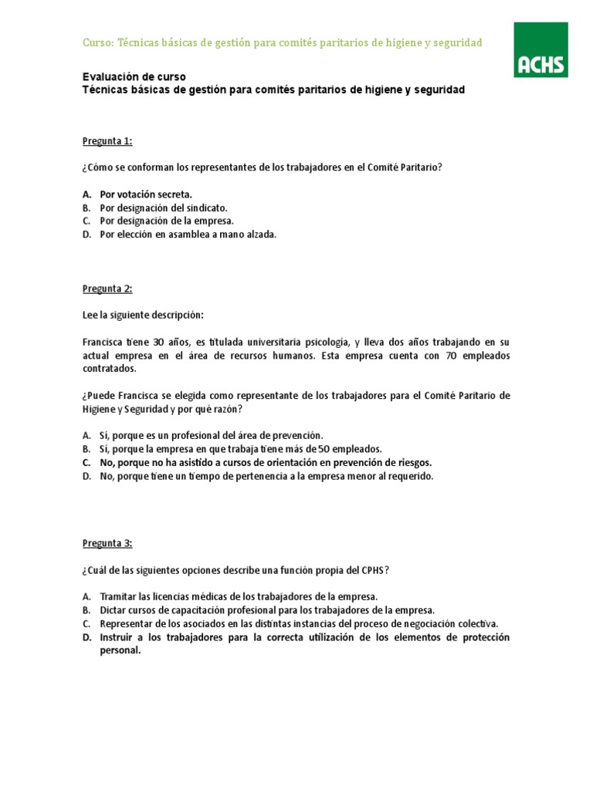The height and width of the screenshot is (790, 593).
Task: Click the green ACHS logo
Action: (x=540, y=49)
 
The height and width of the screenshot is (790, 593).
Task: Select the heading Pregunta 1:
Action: (x=107, y=140)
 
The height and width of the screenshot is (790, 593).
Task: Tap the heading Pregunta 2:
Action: (x=107, y=289)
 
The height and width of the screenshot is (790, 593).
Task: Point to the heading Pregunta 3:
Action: (x=107, y=542)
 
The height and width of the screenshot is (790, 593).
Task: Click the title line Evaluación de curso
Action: (x=134, y=77)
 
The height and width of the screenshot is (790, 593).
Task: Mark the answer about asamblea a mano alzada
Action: (x=188, y=234)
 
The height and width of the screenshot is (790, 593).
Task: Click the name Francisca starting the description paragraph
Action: (x=103, y=342)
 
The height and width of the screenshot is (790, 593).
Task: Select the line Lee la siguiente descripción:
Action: (x=143, y=315)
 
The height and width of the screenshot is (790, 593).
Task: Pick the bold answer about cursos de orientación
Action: (x=266, y=462)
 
